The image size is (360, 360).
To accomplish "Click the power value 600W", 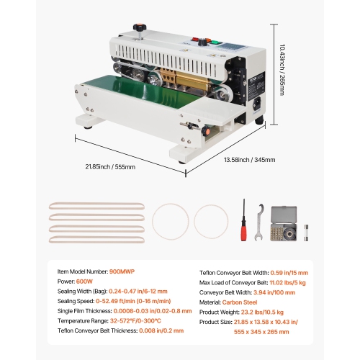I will [82, 283].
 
